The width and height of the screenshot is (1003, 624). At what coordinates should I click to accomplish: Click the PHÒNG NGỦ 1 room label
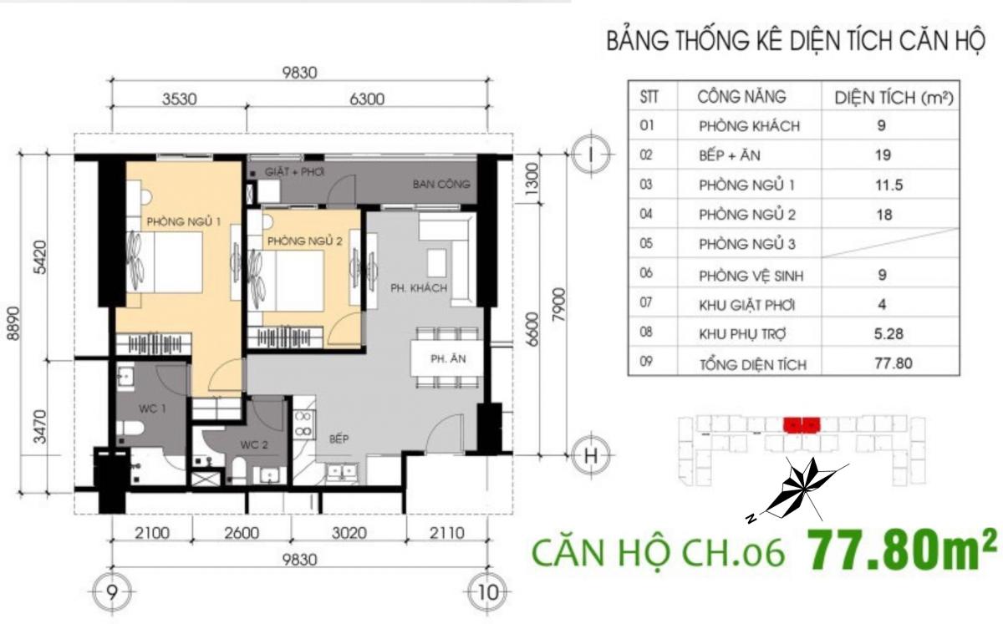[184, 221]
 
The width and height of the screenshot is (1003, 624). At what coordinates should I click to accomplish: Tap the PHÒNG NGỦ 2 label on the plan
[305, 241]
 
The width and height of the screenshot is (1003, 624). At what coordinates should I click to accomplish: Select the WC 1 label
[152, 408]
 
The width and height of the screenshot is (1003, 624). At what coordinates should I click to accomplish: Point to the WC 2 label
[254, 444]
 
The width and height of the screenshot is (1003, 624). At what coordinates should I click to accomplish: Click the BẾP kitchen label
[339, 439]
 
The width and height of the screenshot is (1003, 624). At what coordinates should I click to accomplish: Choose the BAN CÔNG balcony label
[441, 184]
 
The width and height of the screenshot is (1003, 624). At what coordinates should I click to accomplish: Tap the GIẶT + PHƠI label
[294, 171]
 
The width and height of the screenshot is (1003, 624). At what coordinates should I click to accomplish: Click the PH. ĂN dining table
[447, 358]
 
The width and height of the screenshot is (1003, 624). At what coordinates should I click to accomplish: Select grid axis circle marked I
[591, 155]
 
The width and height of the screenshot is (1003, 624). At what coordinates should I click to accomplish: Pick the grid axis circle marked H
[591, 456]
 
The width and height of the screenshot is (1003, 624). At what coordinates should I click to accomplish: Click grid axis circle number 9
[112, 592]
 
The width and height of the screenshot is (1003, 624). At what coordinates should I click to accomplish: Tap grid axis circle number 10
[488, 592]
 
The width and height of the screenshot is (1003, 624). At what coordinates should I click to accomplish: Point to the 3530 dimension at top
[179, 99]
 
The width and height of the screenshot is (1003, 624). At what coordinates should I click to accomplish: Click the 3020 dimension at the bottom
[349, 533]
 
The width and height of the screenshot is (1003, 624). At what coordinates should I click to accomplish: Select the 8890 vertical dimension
[14, 323]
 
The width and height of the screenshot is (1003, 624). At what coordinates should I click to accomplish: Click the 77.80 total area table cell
[894, 363]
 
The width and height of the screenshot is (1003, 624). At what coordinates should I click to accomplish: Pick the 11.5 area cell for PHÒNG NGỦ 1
[889, 185]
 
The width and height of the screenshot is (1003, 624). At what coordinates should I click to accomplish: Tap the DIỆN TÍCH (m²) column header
[894, 98]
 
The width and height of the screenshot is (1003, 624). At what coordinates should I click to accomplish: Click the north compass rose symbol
[799, 490]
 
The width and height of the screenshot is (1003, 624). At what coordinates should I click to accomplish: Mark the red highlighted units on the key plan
[802, 425]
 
